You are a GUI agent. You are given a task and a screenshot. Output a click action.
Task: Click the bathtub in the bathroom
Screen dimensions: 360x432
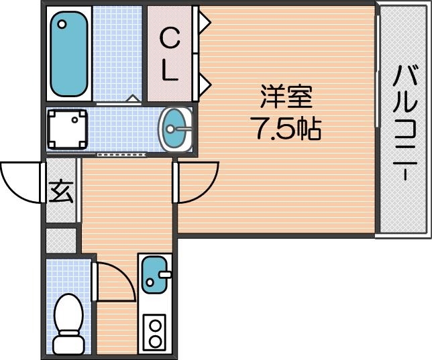click(x=69, y=54)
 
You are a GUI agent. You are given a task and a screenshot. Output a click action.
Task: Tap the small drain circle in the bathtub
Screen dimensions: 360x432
click(x=62, y=24)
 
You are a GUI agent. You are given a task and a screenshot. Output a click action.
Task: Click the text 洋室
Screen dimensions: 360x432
click(x=286, y=98)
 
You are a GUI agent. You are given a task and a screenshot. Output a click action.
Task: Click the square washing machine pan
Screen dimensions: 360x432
click(x=67, y=129)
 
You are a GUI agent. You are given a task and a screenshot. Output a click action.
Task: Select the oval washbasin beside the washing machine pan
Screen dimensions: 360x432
click(x=176, y=128)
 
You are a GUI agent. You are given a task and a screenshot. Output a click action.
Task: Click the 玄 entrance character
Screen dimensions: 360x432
click(x=61, y=192)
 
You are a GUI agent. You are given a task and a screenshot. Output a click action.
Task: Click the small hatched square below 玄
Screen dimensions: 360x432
click(x=61, y=239)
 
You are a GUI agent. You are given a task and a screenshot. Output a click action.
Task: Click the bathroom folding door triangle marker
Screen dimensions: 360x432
click(x=133, y=99)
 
